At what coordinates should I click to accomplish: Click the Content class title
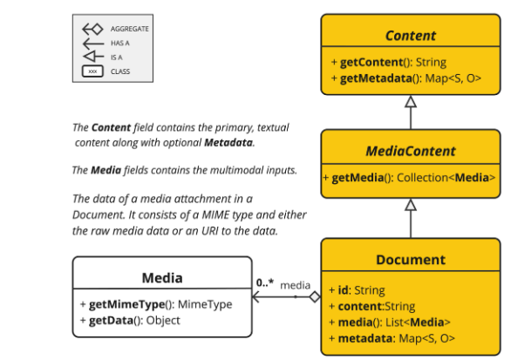point(410,36)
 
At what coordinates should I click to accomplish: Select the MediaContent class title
point(410,151)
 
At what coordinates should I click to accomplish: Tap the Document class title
point(410,260)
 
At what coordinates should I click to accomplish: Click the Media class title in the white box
point(161,278)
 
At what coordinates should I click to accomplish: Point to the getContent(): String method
point(388,63)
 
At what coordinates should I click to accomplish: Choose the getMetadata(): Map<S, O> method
point(405,80)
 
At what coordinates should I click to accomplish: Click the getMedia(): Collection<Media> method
point(410,178)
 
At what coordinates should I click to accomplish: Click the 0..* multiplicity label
point(266,283)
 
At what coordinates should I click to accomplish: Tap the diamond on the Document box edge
point(315,297)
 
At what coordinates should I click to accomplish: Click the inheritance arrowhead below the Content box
point(411,103)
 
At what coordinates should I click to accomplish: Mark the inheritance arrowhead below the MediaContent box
point(411,206)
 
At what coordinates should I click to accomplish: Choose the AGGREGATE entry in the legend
point(129,29)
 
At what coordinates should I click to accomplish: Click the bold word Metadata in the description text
point(229,142)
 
